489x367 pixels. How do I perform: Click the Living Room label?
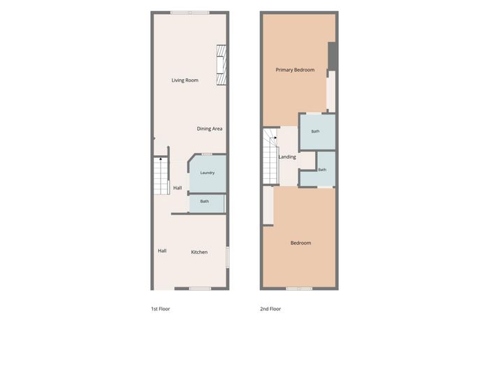[185, 80]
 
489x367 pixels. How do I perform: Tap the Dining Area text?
[210, 129]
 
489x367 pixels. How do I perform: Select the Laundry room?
[207, 173]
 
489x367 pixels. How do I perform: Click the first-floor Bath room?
[207, 204]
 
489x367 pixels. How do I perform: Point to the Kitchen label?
[199, 252]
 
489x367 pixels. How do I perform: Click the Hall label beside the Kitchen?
[162, 250]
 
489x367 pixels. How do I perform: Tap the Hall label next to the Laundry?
[177, 187]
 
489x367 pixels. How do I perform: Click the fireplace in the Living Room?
[221, 64]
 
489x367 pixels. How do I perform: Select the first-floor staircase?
[161, 176]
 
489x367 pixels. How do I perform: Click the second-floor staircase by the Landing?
[270, 156]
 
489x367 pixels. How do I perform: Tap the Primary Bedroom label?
[295, 70]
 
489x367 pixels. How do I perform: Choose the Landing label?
[287, 157]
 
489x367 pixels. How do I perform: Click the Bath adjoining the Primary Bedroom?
[317, 131]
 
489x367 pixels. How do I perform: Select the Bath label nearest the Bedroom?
[322, 169]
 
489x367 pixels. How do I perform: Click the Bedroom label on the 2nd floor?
[300, 243]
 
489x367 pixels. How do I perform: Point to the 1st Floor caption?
[161, 309]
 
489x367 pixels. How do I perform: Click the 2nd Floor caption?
[270, 309]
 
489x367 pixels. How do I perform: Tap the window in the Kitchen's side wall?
[228, 257]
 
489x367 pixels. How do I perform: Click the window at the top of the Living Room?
[190, 13]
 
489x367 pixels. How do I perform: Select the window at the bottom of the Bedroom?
[300, 289]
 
